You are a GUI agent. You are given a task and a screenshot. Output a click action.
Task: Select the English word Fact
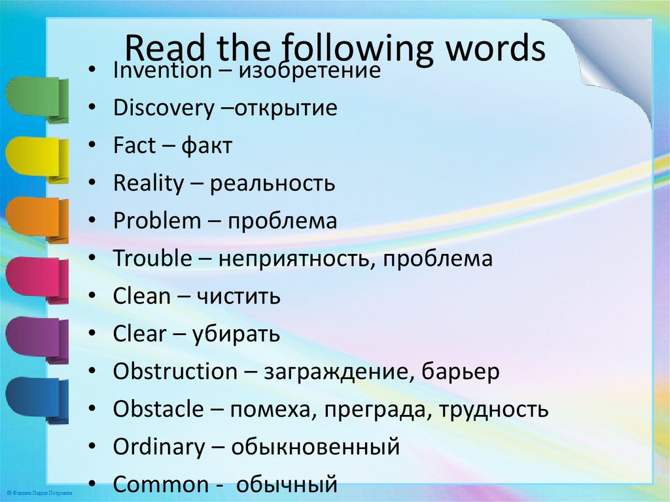(134, 146)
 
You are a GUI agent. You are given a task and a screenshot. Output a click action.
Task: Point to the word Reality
(149, 184)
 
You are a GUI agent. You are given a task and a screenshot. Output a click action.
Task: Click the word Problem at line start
(157, 221)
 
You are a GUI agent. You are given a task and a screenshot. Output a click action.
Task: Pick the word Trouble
(151, 259)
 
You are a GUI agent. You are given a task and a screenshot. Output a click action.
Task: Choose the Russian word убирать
(236, 334)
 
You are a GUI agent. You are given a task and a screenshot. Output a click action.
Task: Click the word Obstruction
(175, 372)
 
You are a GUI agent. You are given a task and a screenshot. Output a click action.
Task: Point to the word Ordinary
(159, 448)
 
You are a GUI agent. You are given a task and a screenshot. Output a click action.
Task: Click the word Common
(160, 485)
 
